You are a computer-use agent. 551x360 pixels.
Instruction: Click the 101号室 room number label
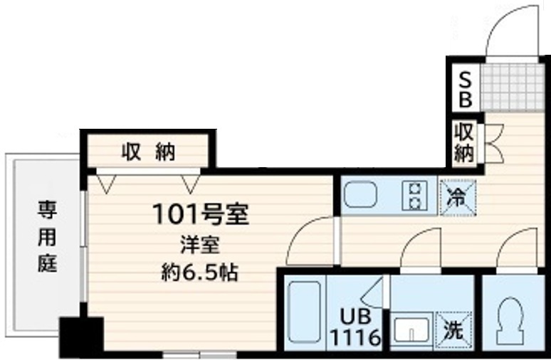coord(200,213)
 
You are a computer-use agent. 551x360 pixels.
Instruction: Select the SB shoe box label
coord(465,88)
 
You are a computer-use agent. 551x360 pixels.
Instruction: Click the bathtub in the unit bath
coord(303,312)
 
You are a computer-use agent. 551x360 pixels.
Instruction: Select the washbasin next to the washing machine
coord(411,331)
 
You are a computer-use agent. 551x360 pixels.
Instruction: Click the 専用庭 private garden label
coord(47,237)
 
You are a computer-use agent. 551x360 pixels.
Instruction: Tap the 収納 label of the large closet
coord(148,152)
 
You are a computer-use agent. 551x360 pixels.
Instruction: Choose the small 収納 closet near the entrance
coord(464,142)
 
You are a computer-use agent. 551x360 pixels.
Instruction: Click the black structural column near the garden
coord(80,337)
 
